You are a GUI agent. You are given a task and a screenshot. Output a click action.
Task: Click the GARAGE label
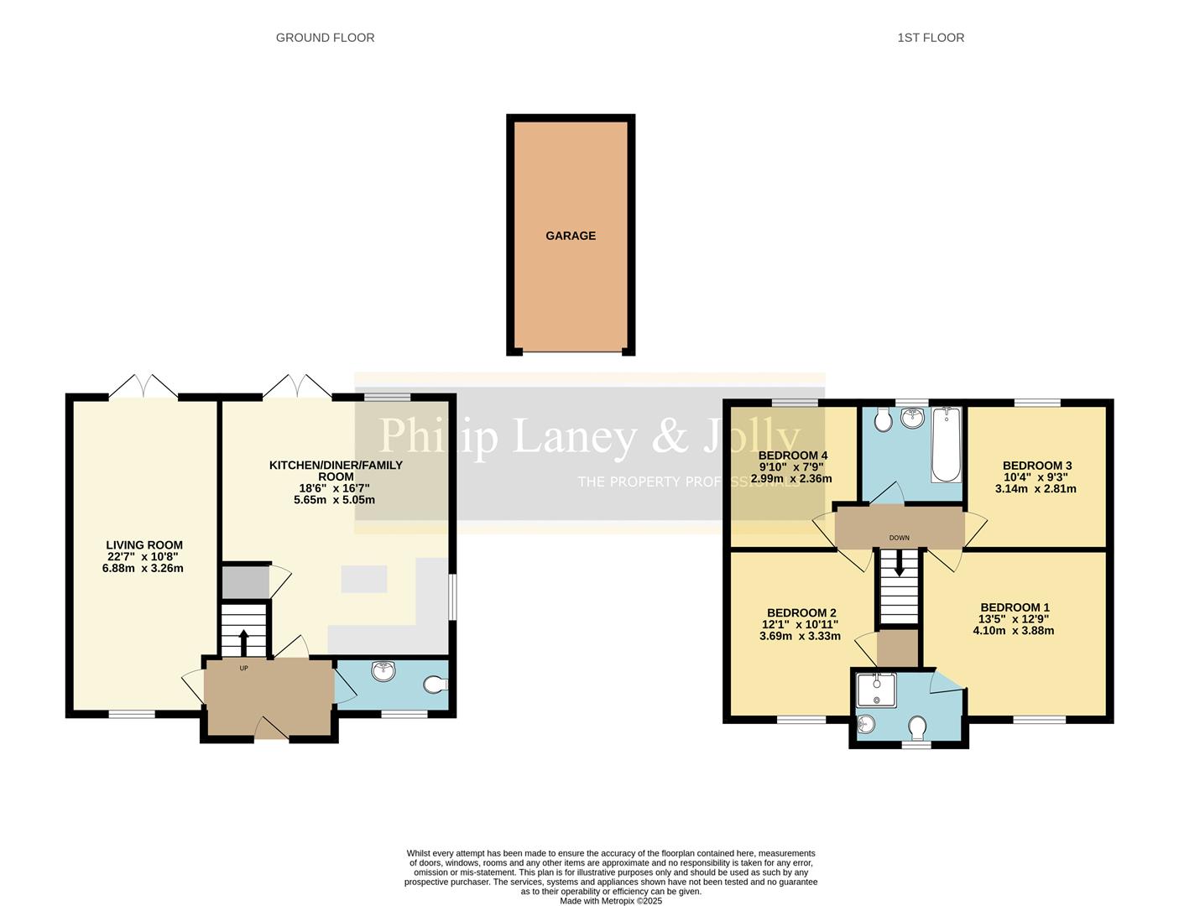click(x=571, y=236)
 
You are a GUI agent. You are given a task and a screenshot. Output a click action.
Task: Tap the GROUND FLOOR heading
click(x=325, y=38)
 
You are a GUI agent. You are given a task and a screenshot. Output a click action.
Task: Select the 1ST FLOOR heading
click(x=931, y=38)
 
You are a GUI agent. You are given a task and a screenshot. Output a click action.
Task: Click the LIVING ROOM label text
click(x=143, y=545)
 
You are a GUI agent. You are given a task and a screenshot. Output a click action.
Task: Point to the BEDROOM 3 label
click(x=1037, y=466)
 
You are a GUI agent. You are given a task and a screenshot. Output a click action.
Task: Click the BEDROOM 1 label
click(x=1015, y=607)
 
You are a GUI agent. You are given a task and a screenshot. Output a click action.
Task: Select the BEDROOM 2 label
click(x=801, y=613)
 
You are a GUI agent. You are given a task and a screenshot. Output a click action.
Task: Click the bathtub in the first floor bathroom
click(x=947, y=445)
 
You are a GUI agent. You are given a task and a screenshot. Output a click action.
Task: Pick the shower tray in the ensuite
click(x=876, y=690)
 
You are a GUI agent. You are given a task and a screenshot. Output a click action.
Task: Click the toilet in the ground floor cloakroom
click(x=435, y=685)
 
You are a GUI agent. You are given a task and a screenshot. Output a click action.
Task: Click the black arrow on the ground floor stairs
click(x=244, y=642)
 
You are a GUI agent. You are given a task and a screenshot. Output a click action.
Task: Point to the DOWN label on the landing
click(x=899, y=538)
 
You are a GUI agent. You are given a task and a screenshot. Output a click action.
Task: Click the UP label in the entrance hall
click(x=244, y=669)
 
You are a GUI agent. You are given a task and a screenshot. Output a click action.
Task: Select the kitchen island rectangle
click(x=363, y=579)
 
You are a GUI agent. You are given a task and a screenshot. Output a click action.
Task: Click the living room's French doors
click(x=143, y=387)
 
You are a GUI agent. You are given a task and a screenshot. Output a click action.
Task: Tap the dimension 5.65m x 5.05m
click(x=334, y=500)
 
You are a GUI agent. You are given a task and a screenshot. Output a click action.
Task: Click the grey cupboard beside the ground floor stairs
click(x=244, y=581)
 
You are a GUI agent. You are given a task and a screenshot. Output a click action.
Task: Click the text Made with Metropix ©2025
click(x=611, y=901)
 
